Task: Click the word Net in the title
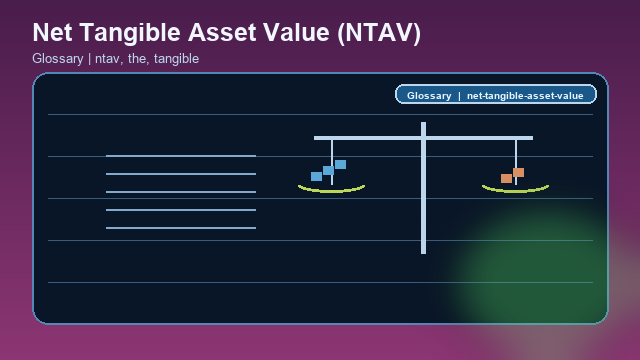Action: click(x=53, y=32)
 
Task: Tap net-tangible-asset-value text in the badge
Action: click(x=524, y=96)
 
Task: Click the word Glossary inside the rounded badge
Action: click(x=429, y=96)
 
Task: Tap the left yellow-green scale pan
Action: click(x=331, y=188)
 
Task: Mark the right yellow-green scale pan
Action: click(x=515, y=188)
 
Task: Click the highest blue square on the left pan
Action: click(x=340, y=164)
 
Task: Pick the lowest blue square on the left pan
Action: click(x=316, y=176)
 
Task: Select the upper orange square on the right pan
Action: click(x=518, y=172)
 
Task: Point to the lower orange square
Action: click(x=506, y=178)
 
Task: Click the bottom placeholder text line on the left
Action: click(x=181, y=228)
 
